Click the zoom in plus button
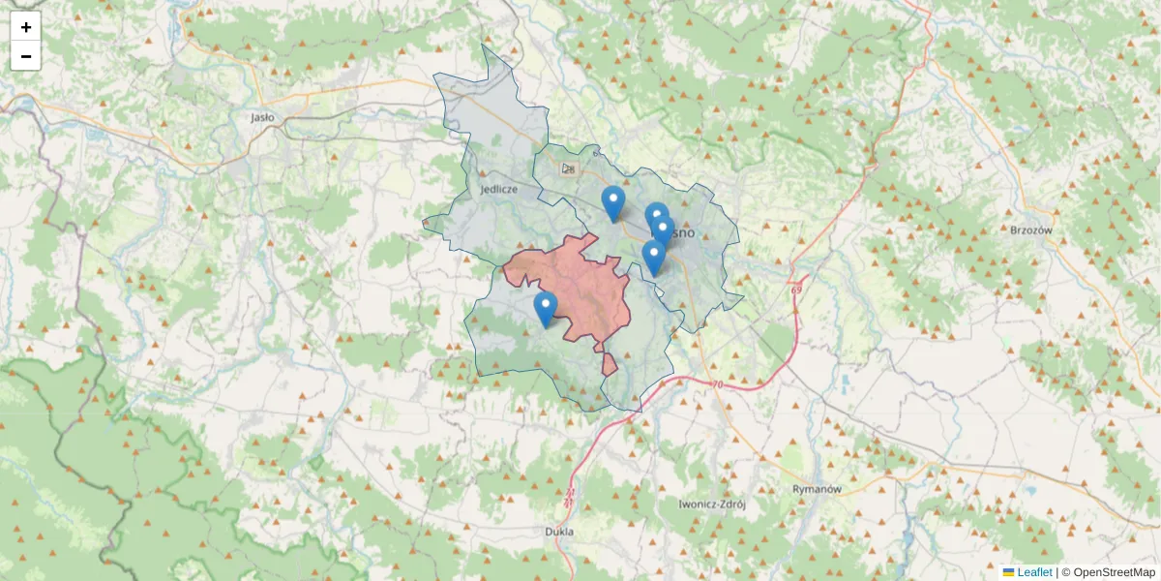(x=26, y=27)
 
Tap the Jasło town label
(x=262, y=117)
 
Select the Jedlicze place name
(x=498, y=190)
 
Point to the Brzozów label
(x=1030, y=230)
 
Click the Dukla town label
(x=559, y=532)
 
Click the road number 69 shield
(x=796, y=290)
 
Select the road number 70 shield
(x=716, y=385)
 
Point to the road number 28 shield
(x=568, y=169)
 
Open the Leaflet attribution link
(x=1034, y=572)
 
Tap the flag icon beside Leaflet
(x=1009, y=572)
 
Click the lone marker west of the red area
(x=546, y=309)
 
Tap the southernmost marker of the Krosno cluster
(x=654, y=258)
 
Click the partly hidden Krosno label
(x=683, y=233)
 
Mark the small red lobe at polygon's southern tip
(x=609, y=364)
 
